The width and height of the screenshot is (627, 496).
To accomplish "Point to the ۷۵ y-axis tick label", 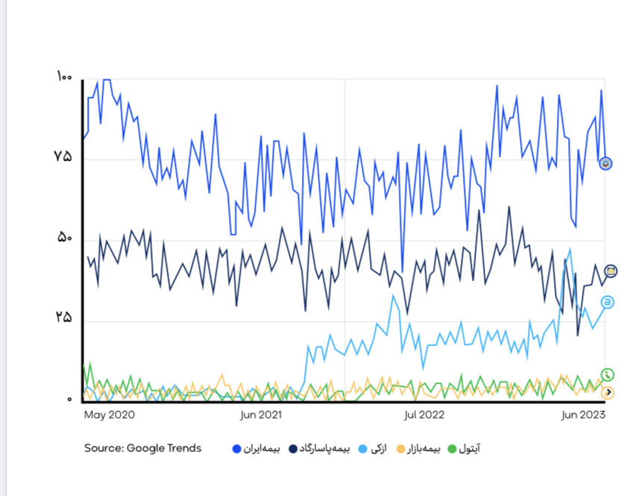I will [63, 157].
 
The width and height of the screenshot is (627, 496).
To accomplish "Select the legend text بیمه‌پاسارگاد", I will [327, 449].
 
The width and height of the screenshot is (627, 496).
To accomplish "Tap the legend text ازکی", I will [379, 449].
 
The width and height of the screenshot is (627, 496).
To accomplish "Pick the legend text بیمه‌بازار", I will [423, 449].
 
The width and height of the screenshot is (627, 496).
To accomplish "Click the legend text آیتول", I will [468, 449].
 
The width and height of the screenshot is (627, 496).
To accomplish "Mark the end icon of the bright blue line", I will [606, 163].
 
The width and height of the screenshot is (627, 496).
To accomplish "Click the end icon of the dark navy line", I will [611, 271].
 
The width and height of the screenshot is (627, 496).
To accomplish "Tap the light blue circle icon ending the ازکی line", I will [608, 302].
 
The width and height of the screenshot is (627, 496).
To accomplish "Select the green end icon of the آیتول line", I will [608, 374].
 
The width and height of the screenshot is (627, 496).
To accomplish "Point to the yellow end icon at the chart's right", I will [608, 392].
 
